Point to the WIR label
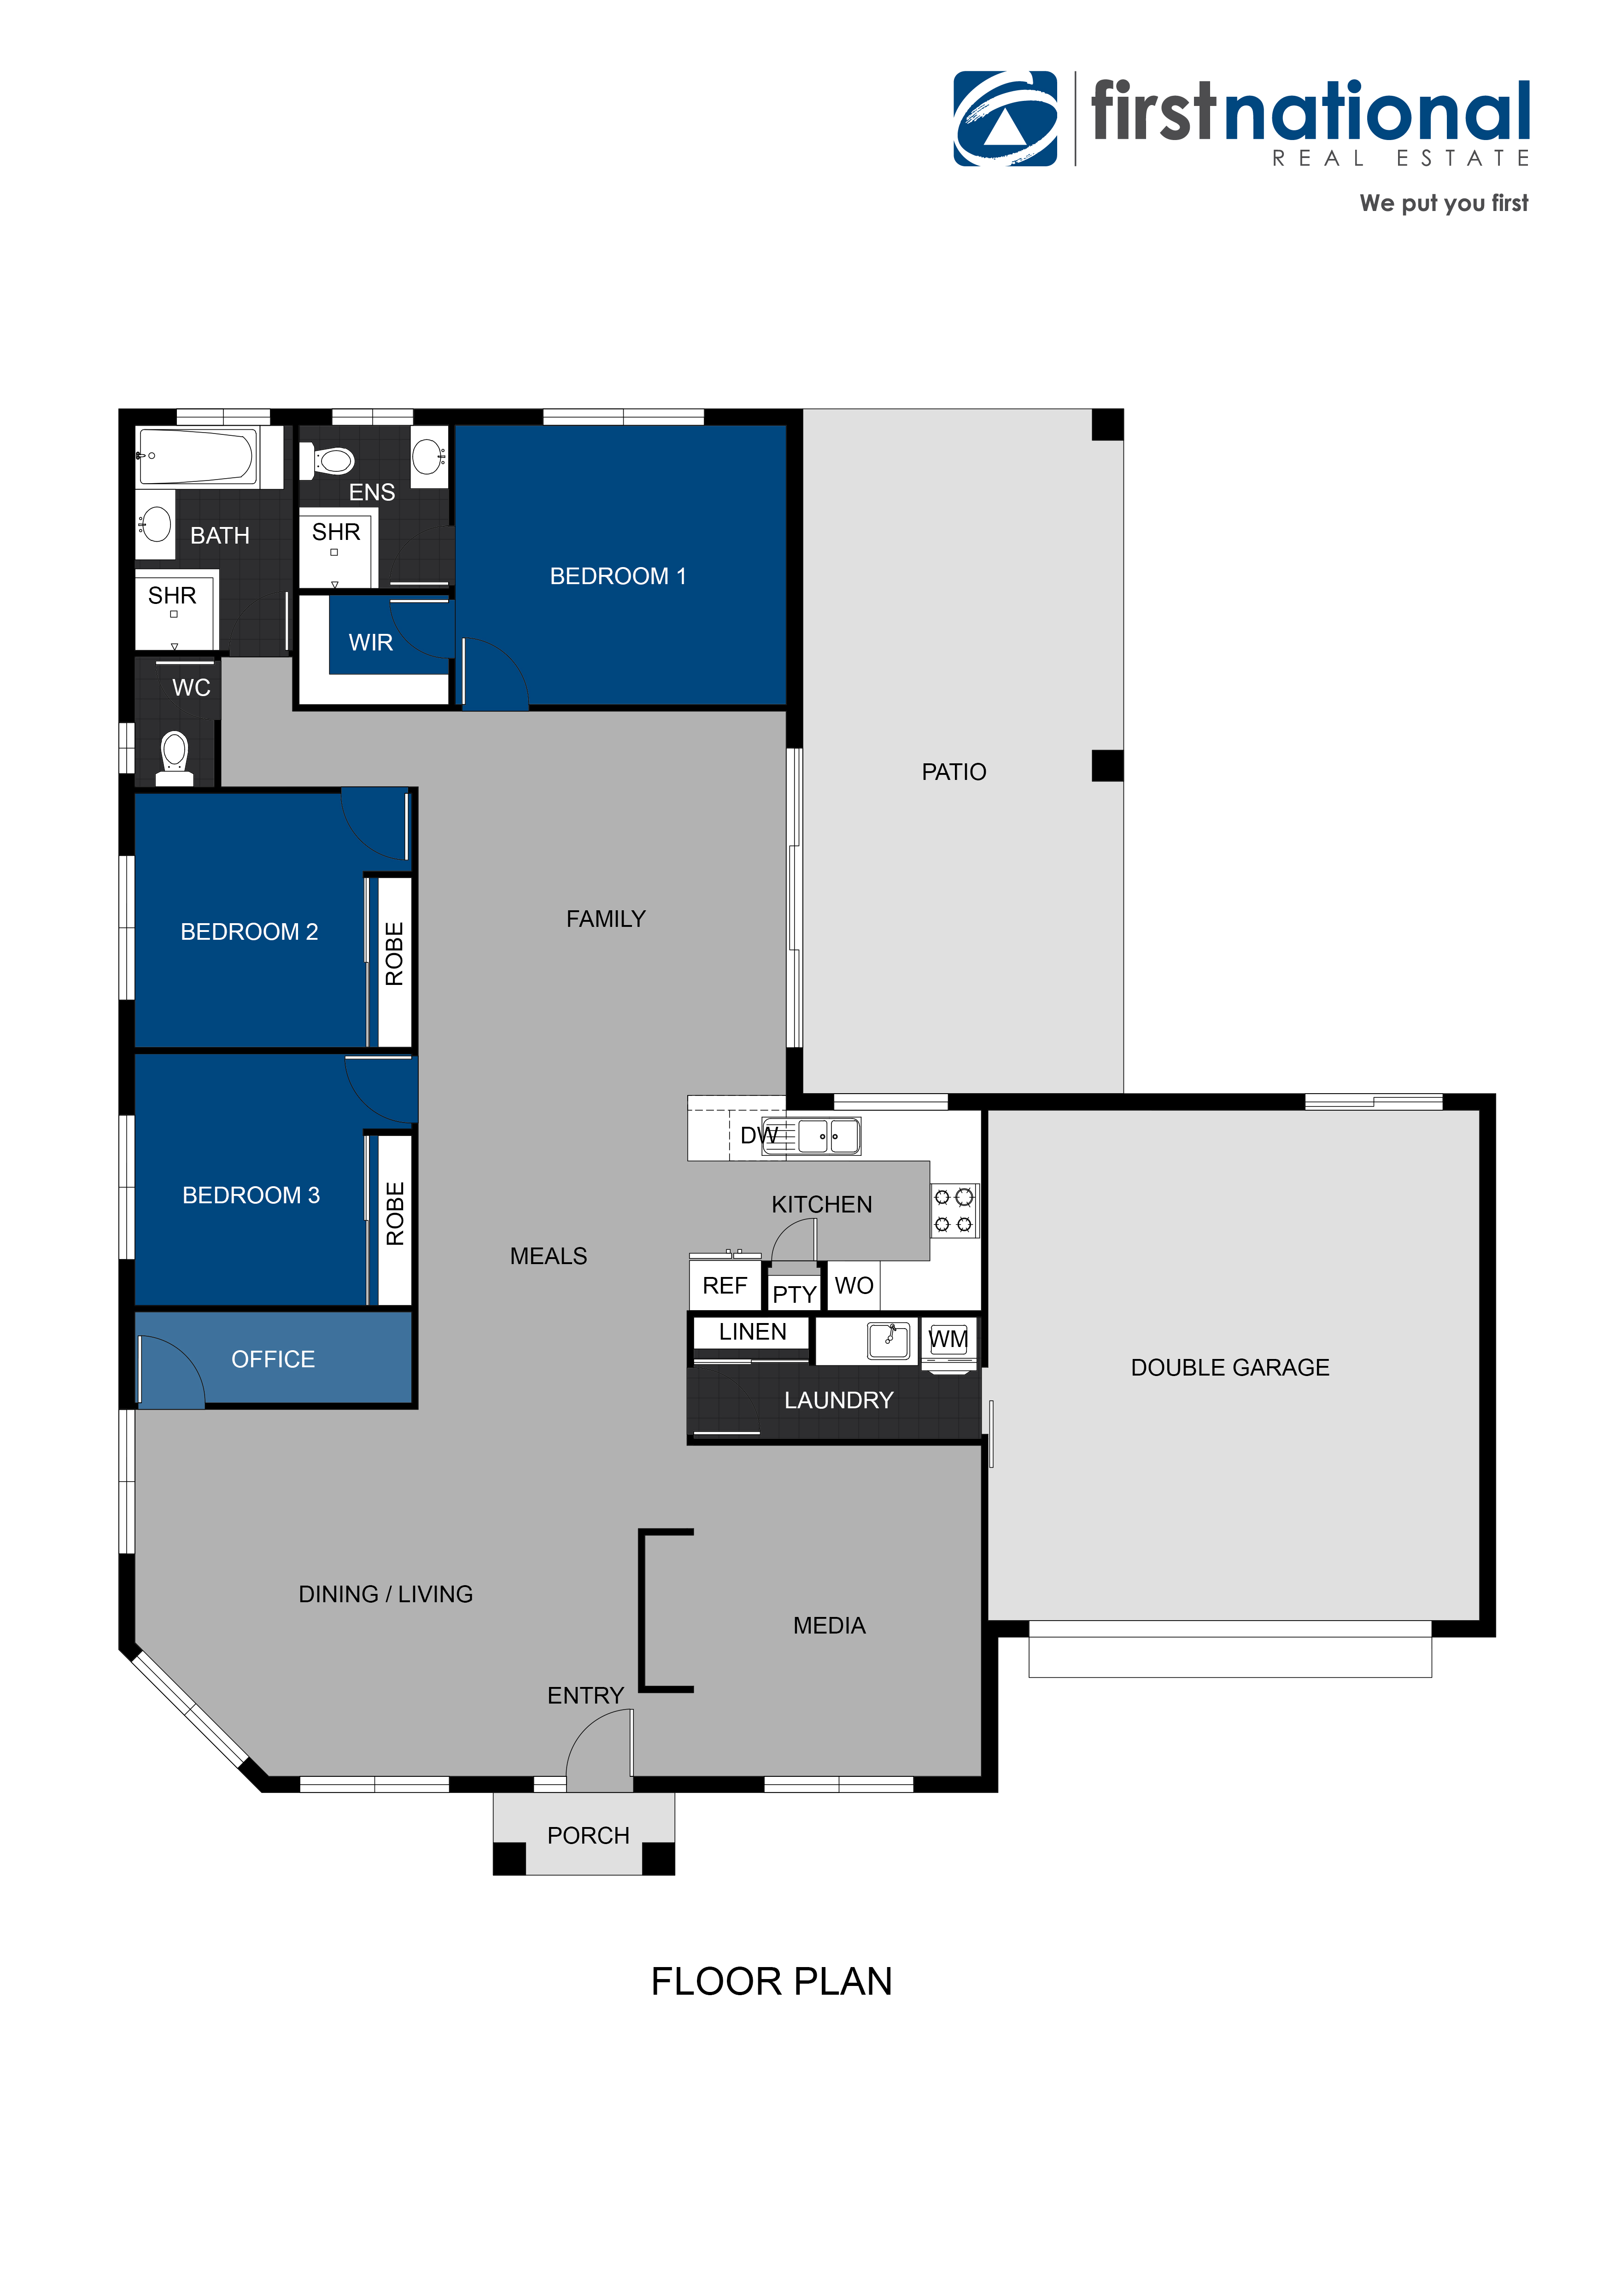tap(371, 643)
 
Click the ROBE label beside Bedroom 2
tap(395, 954)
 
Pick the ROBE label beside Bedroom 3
tap(395, 1213)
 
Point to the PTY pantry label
tap(795, 1294)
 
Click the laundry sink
tap(888, 1340)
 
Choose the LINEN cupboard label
tap(753, 1332)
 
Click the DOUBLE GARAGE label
tap(1230, 1368)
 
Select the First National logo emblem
tap(1006, 118)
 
